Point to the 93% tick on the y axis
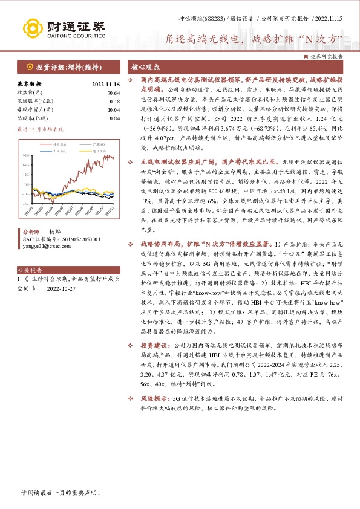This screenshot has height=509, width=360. pos(25,156)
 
